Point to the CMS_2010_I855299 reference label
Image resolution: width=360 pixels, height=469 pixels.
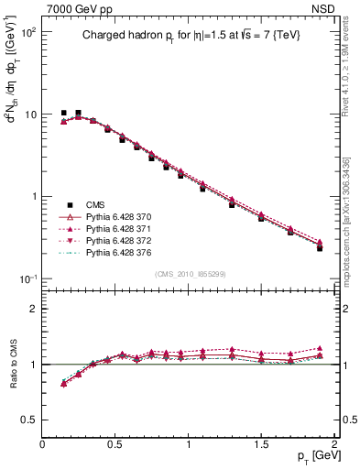(x=191, y=274)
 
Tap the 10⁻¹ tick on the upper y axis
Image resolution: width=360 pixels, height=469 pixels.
(x=27, y=278)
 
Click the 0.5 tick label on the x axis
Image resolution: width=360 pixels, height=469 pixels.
(x=115, y=444)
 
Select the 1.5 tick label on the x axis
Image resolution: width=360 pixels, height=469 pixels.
(x=261, y=444)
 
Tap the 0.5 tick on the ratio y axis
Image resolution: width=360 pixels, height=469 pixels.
(x=28, y=420)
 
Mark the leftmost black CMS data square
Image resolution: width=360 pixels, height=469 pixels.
(x=63, y=113)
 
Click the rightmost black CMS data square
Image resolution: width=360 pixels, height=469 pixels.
(x=320, y=248)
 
